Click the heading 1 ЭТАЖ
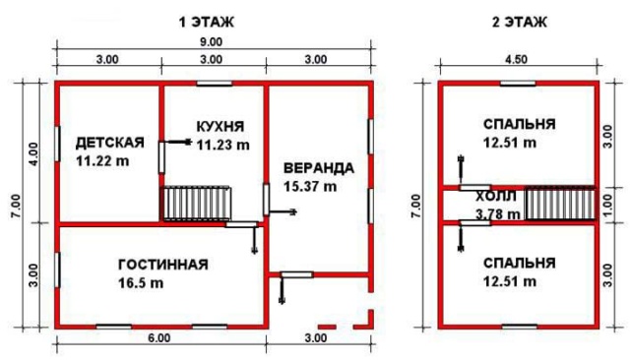pos(206,22)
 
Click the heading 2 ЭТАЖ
pos(519,22)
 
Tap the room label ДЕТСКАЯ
pos(109,143)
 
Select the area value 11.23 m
pos(223,145)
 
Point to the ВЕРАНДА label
pos(319,168)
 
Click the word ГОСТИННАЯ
pos(163,265)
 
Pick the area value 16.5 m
pos(141,283)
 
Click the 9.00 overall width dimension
pos(211,42)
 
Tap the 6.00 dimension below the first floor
pos(159,338)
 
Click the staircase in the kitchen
pos(197,203)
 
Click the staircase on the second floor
pos(560,205)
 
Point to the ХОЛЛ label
pos(496,197)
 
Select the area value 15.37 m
pos(310,187)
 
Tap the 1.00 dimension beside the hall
pos(607,206)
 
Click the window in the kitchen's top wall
pos(215,84)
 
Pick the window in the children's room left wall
pos(57,144)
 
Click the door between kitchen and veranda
pos(266,200)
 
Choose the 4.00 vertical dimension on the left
pos(33,154)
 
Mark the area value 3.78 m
pos(498,214)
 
